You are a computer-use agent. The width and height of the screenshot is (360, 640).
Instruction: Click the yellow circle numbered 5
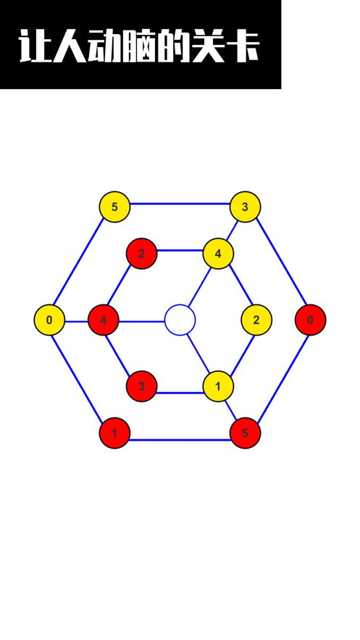tap(114, 207)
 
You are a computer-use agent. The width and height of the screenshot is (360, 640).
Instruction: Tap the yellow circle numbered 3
tap(245, 207)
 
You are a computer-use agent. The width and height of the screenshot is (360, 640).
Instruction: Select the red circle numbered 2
tap(141, 254)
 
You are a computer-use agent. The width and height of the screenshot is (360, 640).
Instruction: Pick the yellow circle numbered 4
tap(218, 254)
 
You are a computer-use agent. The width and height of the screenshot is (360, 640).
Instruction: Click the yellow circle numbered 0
tap(49, 320)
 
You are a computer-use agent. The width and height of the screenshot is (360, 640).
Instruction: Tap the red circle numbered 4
tap(103, 320)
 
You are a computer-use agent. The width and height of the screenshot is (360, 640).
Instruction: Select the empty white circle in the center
tap(180, 320)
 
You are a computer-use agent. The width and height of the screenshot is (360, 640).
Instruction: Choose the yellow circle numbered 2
tap(256, 320)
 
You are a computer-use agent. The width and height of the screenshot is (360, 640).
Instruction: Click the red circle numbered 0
tap(310, 320)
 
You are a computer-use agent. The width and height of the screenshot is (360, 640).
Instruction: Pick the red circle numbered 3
tap(141, 386)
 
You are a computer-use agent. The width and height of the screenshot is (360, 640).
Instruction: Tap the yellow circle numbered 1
tap(218, 386)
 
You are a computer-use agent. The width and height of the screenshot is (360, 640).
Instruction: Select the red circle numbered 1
tap(114, 433)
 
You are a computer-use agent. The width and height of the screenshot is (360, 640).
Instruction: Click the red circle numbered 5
tap(245, 433)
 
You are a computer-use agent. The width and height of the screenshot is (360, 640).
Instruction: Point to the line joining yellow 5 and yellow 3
tap(180, 203)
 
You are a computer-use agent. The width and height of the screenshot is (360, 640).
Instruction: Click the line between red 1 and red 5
tap(180, 440)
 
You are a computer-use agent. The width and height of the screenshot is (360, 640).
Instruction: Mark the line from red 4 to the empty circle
tap(141, 322)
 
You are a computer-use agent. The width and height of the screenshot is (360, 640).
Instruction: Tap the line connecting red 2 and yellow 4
tap(180, 250)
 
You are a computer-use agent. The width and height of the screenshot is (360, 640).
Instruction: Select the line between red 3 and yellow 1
tap(180, 393)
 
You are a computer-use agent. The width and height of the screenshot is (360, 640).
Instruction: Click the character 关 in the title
tap(208, 46)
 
